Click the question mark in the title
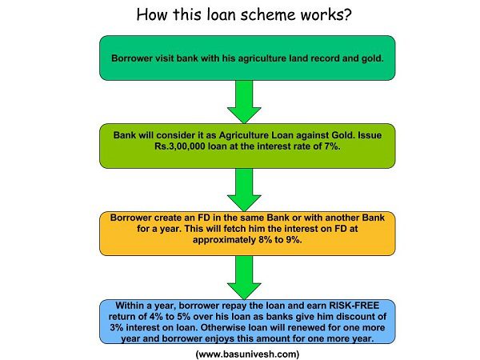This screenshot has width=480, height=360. tap(348, 14)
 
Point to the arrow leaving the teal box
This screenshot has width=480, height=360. tap(244, 102)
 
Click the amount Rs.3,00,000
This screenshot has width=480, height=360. tap(180, 146)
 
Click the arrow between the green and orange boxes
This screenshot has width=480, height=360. tap(244, 190)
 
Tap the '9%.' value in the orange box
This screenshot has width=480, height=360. tap(294, 240)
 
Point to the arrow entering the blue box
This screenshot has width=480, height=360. tap(244, 278)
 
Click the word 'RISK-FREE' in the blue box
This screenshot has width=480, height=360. tap(354, 306)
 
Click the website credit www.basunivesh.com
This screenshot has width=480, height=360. tap(247, 354)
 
